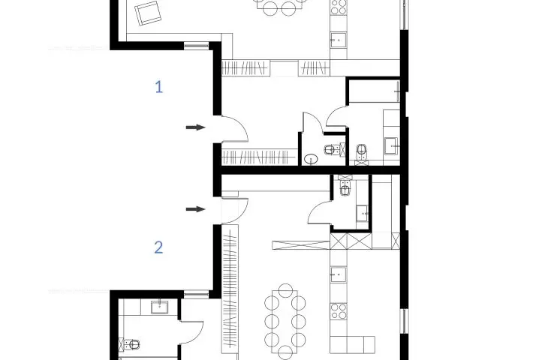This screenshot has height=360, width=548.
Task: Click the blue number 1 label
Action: coord(159,87)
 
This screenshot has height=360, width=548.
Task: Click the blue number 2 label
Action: coord(158,247)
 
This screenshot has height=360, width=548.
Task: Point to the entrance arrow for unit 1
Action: coord(195,127)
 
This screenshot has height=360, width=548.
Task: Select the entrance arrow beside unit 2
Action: coord(195,209)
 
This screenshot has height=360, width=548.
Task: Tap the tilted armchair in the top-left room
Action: coord(148,13)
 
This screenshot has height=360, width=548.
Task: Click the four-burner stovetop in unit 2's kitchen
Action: coord(339,311)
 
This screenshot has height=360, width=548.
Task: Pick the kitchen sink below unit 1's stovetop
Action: coord(339,40)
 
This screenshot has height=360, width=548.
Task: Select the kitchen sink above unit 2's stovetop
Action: coord(339,274)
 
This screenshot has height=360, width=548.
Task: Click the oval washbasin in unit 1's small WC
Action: coord(310,159)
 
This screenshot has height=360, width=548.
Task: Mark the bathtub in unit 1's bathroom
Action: coord(375,91)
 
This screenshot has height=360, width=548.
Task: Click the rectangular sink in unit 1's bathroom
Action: coord(391,146)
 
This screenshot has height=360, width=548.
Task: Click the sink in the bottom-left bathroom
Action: coord(159,307)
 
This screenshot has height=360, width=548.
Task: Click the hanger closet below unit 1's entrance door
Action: coord(259,157)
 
